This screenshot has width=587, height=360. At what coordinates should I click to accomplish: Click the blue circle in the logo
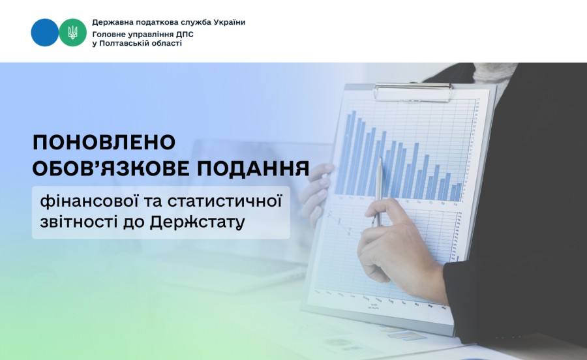point(45,33)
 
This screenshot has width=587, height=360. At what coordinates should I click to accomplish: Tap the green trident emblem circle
point(72,33)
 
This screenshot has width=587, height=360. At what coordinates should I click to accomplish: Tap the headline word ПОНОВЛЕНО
point(104,142)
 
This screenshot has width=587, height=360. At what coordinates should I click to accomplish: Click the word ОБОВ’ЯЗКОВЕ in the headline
point(111,169)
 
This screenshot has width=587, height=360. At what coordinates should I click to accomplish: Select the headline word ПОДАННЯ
point(254,169)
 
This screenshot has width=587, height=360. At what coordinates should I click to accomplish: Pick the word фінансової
point(85,202)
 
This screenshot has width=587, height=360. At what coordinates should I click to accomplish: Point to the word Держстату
point(197,222)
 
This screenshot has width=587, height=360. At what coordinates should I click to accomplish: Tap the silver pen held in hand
point(379,192)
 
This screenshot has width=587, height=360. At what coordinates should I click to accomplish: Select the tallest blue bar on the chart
point(354,153)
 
